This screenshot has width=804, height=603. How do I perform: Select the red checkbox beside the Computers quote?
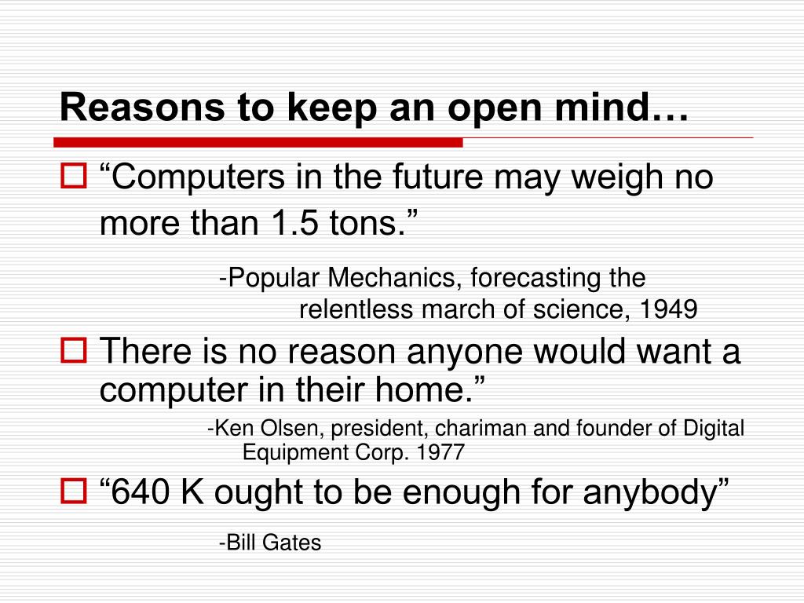[74, 175]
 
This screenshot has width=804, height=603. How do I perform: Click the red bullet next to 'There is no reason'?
[74, 350]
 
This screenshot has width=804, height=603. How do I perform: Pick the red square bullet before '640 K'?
[74, 491]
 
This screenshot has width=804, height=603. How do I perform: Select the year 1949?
[669, 309]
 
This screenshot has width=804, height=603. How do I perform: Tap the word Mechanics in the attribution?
[392, 277]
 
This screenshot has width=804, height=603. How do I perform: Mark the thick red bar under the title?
[258, 142]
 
